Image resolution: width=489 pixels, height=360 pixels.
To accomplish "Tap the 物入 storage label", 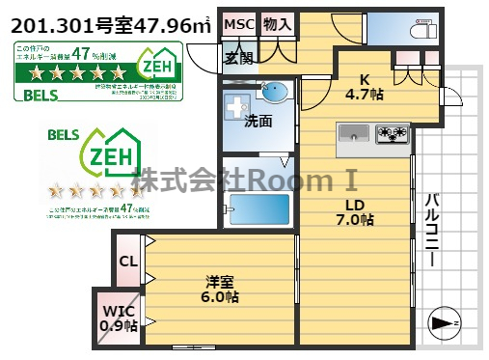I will coord(276,23).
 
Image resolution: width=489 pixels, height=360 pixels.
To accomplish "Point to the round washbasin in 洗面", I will coord(274,94).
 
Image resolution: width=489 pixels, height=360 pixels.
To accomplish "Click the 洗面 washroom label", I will coord(257,121).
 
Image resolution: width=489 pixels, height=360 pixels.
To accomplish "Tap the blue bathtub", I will coord(257,207).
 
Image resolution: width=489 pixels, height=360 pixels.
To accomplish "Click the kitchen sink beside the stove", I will coord(354,133).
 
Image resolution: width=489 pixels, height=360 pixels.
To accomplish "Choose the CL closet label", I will coord(127,261).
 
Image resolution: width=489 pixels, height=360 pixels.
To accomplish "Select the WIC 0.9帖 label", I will coord(117,318).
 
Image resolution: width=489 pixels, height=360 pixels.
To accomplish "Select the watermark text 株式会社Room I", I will coord(245,180).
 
